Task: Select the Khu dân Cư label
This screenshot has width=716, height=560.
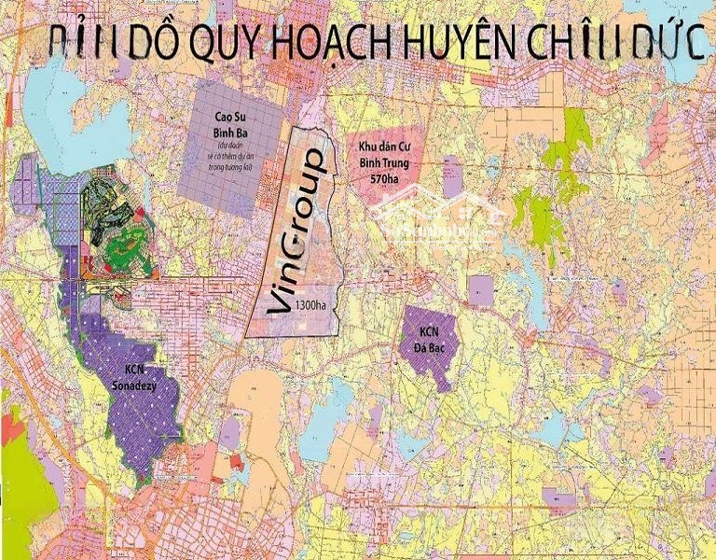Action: click(x=385, y=147)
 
